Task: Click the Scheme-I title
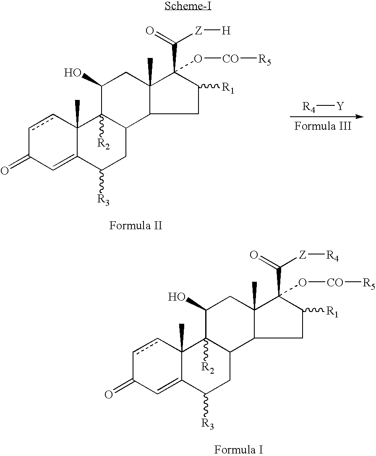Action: point(188,6)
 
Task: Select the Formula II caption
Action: point(136,225)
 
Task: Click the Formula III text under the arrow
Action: point(323,126)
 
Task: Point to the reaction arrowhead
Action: point(360,117)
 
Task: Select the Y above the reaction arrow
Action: point(340,106)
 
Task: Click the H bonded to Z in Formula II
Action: point(226,31)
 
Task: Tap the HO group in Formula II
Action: point(73,73)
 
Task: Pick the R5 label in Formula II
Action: point(264,60)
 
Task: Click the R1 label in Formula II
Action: point(228,88)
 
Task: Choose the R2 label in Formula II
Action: point(104,144)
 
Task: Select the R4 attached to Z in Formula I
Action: point(332,256)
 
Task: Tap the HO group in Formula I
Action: point(177,297)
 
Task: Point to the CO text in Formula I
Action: point(335,283)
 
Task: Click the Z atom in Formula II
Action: point(198,31)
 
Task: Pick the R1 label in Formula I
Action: point(332,312)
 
